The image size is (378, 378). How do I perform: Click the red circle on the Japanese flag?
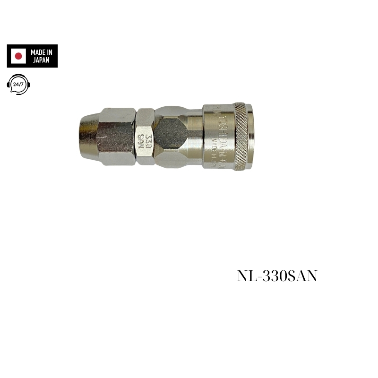[x=19, y=56]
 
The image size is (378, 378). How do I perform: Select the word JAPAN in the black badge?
[x=42, y=60]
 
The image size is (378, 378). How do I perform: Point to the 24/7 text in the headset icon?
[x=19, y=84]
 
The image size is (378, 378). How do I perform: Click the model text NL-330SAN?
[x=277, y=277]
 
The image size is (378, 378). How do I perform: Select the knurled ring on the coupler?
[x=240, y=136]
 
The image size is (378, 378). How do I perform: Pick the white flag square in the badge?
[x=19, y=56]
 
